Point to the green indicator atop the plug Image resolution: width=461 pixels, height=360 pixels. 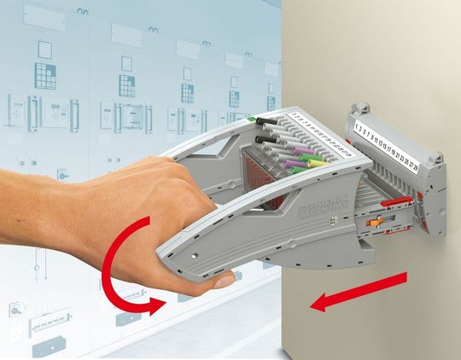point(255,121)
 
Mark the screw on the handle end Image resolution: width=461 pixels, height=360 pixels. point(196,255)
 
